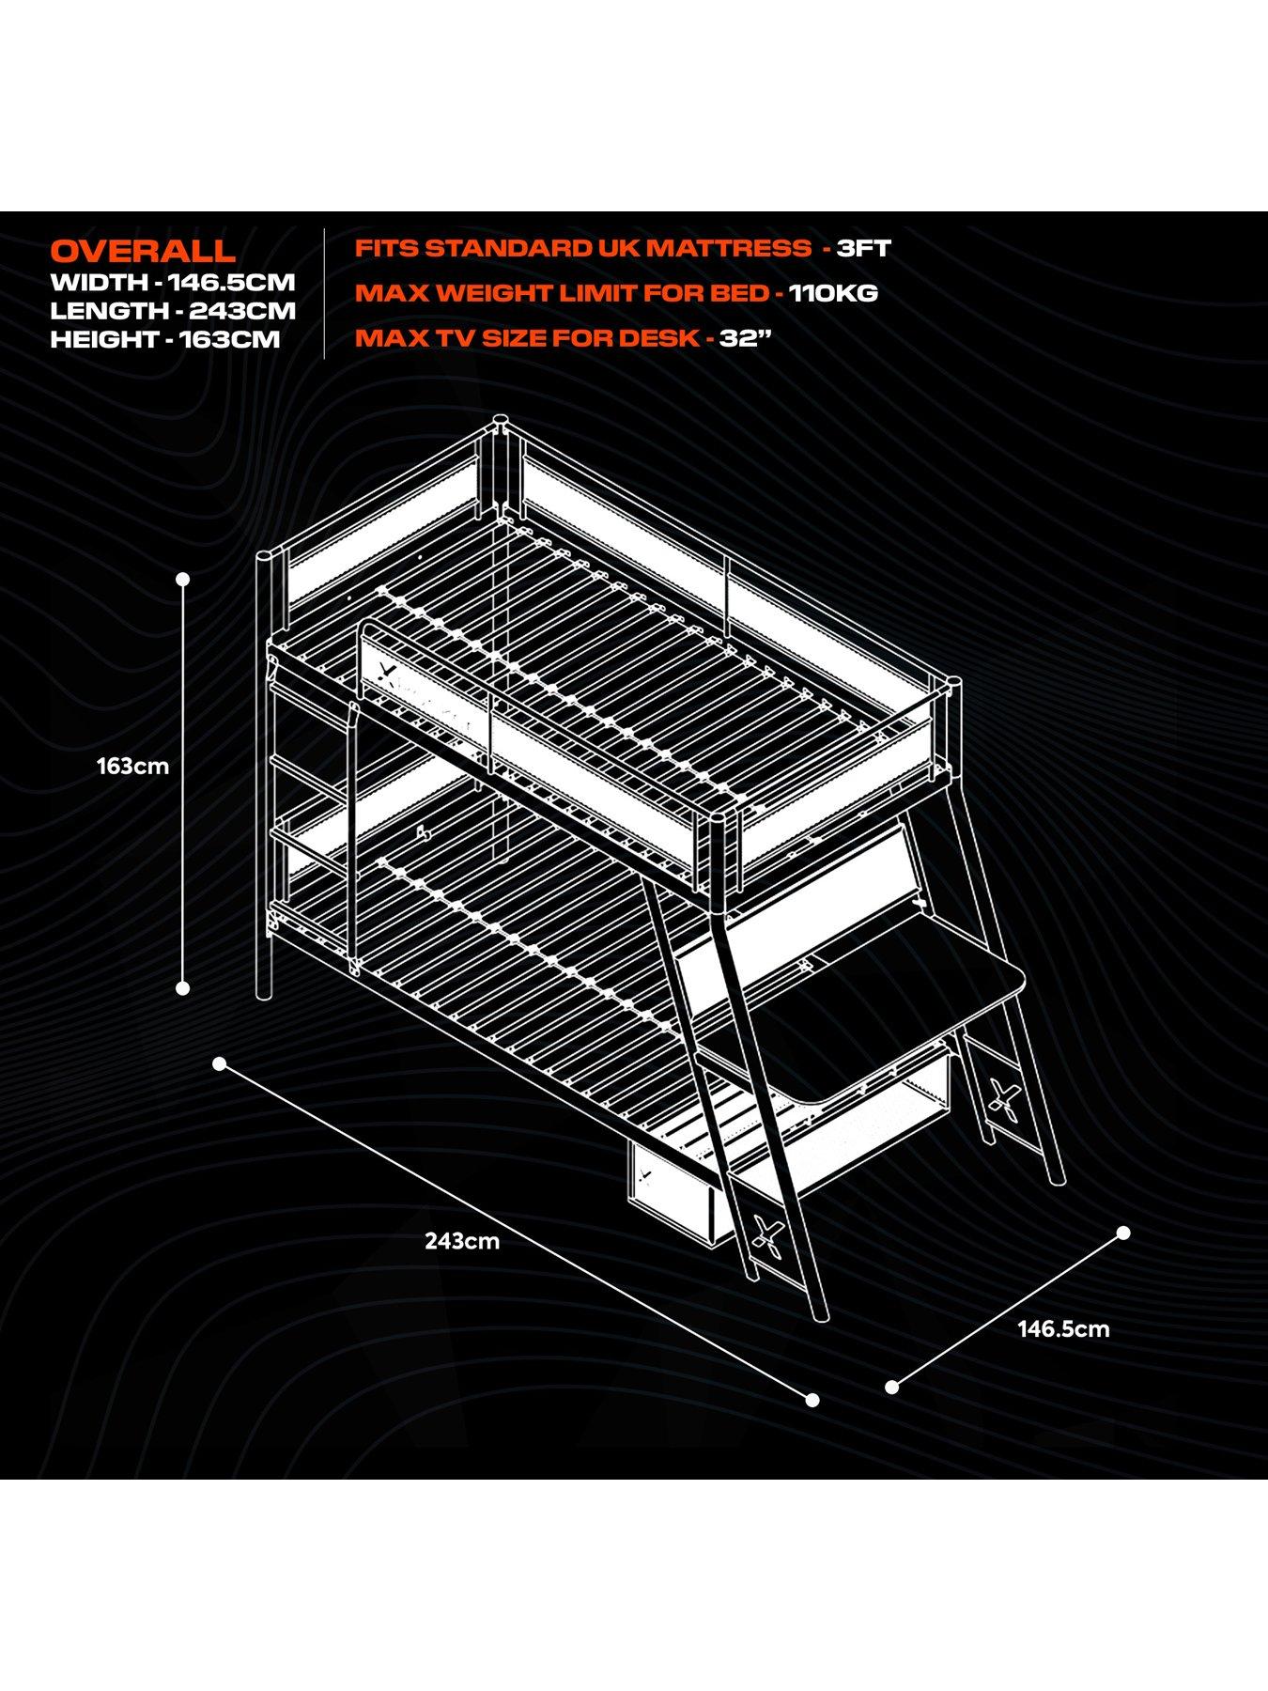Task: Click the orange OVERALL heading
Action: pyautogui.click(x=143, y=251)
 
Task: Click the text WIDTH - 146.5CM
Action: pyautogui.click(x=173, y=282)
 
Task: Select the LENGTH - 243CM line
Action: pyautogui.click(x=173, y=311)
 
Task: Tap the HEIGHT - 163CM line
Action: pyautogui.click(x=165, y=340)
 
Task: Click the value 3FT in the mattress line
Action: pyautogui.click(x=863, y=249)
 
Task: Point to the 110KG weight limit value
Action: pyautogui.click(x=833, y=293)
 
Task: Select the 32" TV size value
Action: pyautogui.click(x=739, y=338)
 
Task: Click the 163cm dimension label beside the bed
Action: pyautogui.click(x=132, y=767)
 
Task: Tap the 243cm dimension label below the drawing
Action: pyautogui.click(x=462, y=1241)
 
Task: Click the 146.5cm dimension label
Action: pyautogui.click(x=1063, y=1329)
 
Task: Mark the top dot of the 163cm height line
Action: pyautogui.click(x=183, y=580)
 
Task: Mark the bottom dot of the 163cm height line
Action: pyautogui.click(x=183, y=987)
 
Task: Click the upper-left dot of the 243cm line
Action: pyautogui.click(x=220, y=1063)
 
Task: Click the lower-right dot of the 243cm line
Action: pyautogui.click(x=813, y=1400)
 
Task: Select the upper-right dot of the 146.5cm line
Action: pyautogui.click(x=1123, y=1232)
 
